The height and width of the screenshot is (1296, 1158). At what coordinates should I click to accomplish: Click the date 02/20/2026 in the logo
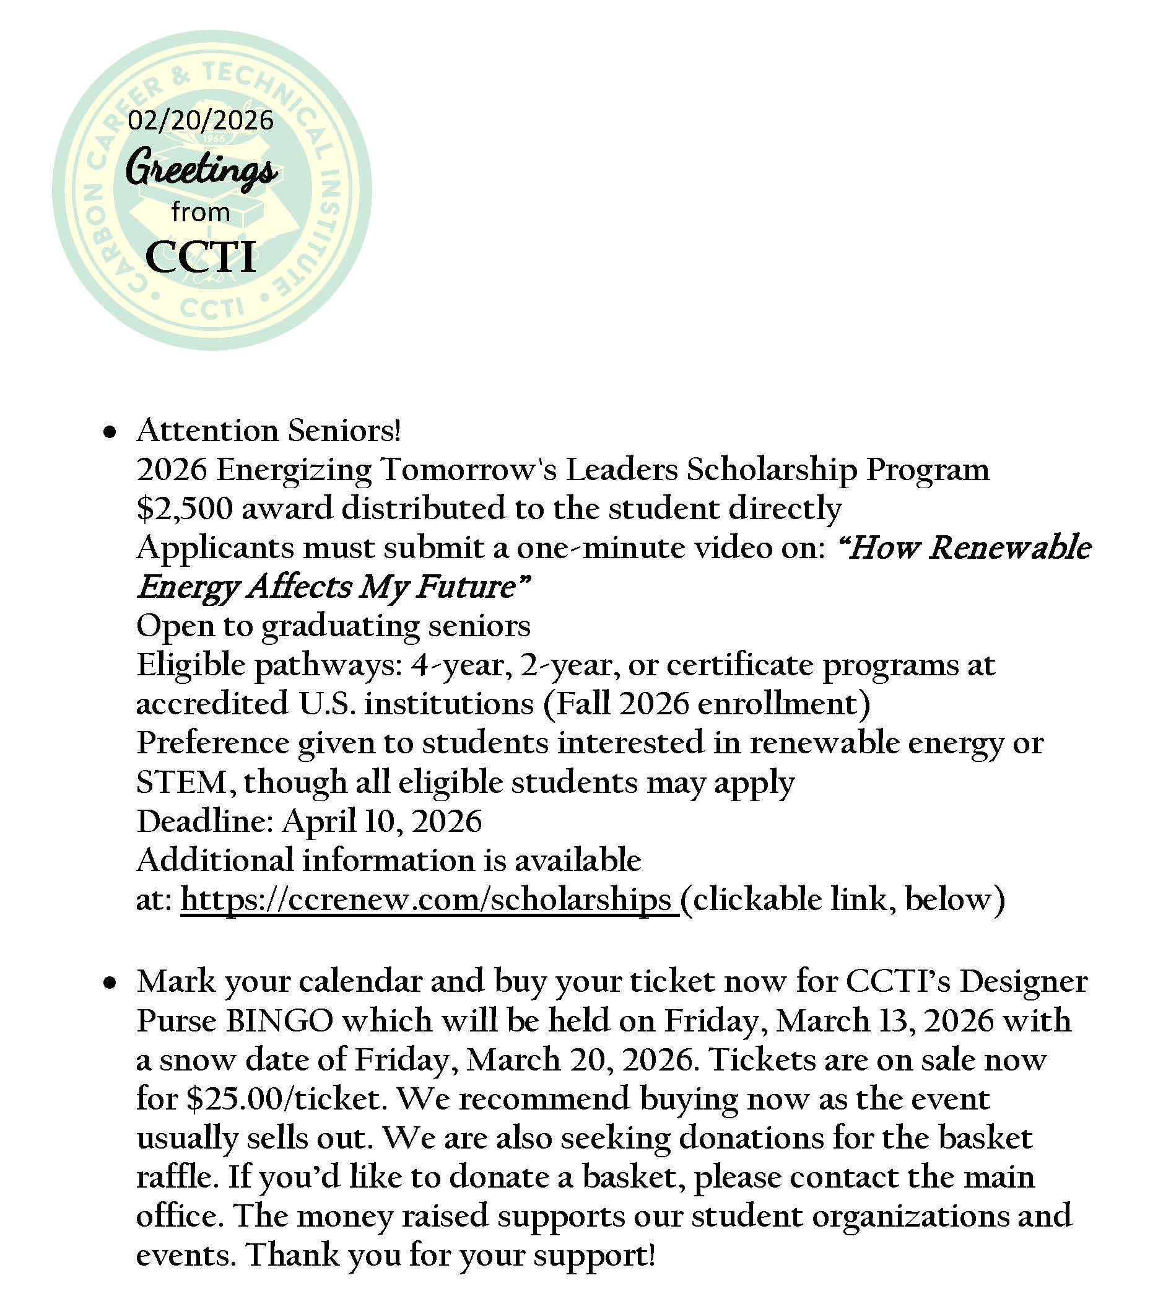tap(201, 120)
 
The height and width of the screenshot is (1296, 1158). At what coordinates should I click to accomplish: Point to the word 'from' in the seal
tap(201, 212)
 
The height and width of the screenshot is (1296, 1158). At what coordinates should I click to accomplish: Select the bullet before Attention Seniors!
tap(111, 433)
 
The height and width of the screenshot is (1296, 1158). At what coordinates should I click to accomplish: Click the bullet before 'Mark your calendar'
tap(111, 983)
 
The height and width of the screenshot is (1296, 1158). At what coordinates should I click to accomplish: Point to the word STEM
tap(181, 782)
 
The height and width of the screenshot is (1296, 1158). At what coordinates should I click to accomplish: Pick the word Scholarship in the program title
tap(770, 470)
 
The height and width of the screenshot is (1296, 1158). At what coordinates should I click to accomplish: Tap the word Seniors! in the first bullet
tap(344, 431)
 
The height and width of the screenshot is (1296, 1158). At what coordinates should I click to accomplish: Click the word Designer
tap(1023, 982)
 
